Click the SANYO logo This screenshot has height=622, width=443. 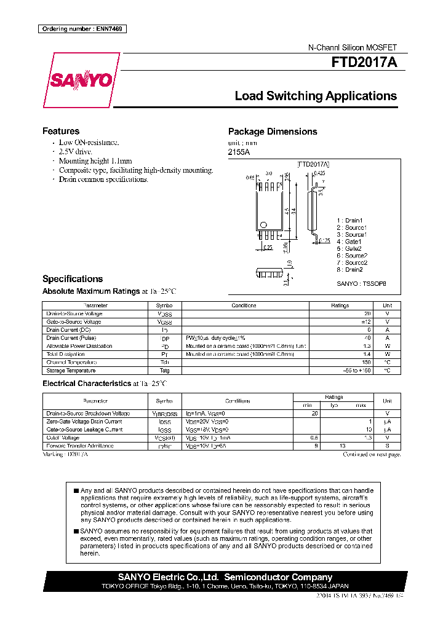coord(80,80)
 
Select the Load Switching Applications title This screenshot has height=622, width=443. coord(316,96)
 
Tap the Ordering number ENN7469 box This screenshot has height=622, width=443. coord(81,30)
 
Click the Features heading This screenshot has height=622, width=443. coord(60,131)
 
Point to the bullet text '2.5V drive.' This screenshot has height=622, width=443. coord(76,151)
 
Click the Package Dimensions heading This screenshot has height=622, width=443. coord(273,132)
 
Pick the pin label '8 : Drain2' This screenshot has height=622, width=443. coord(349,270)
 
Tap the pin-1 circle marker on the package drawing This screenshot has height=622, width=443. coord(264,224)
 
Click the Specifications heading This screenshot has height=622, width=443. coord(73,279)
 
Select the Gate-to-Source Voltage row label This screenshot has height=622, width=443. coord(74,322)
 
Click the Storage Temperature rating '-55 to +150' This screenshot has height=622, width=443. coord(357,371)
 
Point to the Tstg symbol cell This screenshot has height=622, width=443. coord(165,371)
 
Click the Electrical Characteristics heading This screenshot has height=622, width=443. coord(86,384)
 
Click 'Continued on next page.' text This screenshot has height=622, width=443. coord(372,454)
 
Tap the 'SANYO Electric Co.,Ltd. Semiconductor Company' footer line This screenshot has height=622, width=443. coord(225,577)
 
